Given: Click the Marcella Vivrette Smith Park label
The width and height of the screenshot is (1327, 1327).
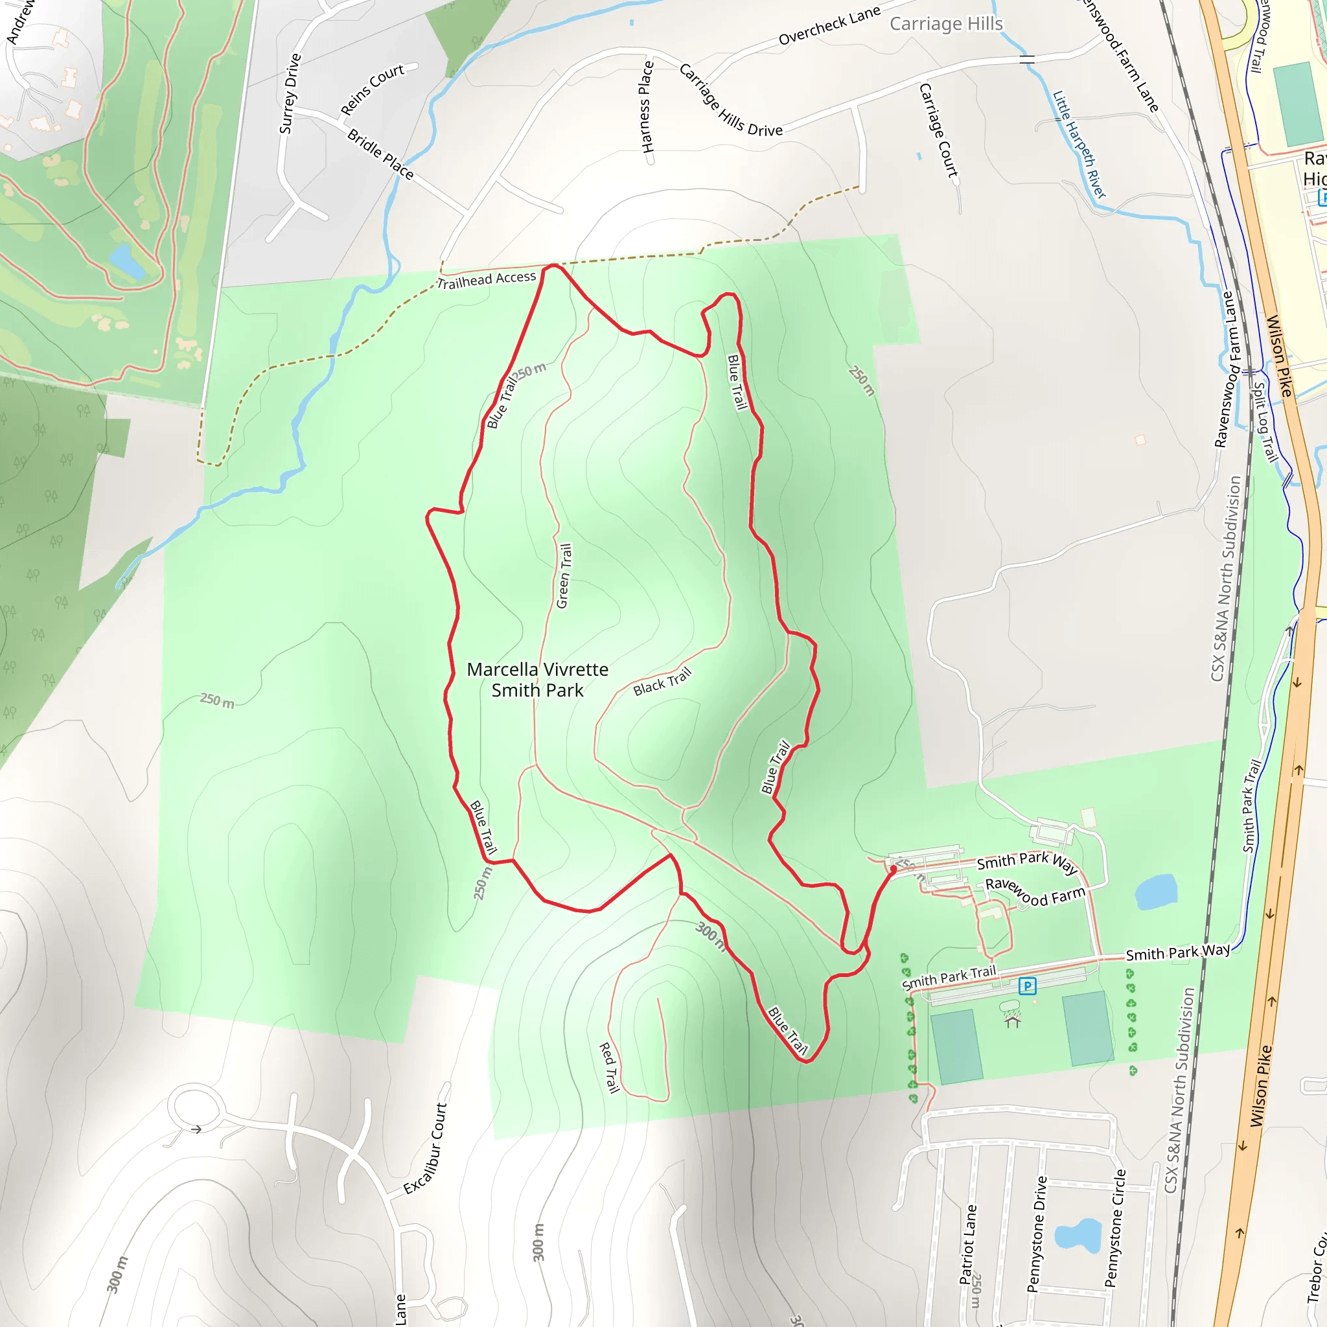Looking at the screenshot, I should click(x=537, y=679).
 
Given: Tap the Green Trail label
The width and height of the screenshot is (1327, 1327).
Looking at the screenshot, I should click(x=563, y=575).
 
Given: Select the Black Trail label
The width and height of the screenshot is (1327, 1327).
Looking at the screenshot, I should click(x=662, y=682).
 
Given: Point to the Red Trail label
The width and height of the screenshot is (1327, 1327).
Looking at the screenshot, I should click(x=609, y=1067).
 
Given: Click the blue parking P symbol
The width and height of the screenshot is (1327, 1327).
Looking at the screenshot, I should click(x=1027, y=986).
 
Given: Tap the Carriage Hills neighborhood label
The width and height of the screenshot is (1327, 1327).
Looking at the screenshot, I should click(x=946, y=24).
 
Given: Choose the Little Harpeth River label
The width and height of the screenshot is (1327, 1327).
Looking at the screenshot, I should click(x=1079, y=145).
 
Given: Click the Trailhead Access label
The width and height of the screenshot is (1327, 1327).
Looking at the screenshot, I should click(x=487, y=279).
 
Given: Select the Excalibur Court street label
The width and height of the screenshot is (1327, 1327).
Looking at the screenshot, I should click(x=425, y=1148).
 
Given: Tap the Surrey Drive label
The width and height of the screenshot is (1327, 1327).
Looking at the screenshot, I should click(x=290, y=93).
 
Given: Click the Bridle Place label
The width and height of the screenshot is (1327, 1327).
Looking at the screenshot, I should click(x=380, y=155).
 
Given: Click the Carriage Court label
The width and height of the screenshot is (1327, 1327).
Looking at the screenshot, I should click(x=938, y=130).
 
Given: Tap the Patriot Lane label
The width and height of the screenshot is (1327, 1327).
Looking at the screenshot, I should click(x=967, y=1244).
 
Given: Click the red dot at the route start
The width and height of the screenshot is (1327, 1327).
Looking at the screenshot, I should click(x=893, y=869).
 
